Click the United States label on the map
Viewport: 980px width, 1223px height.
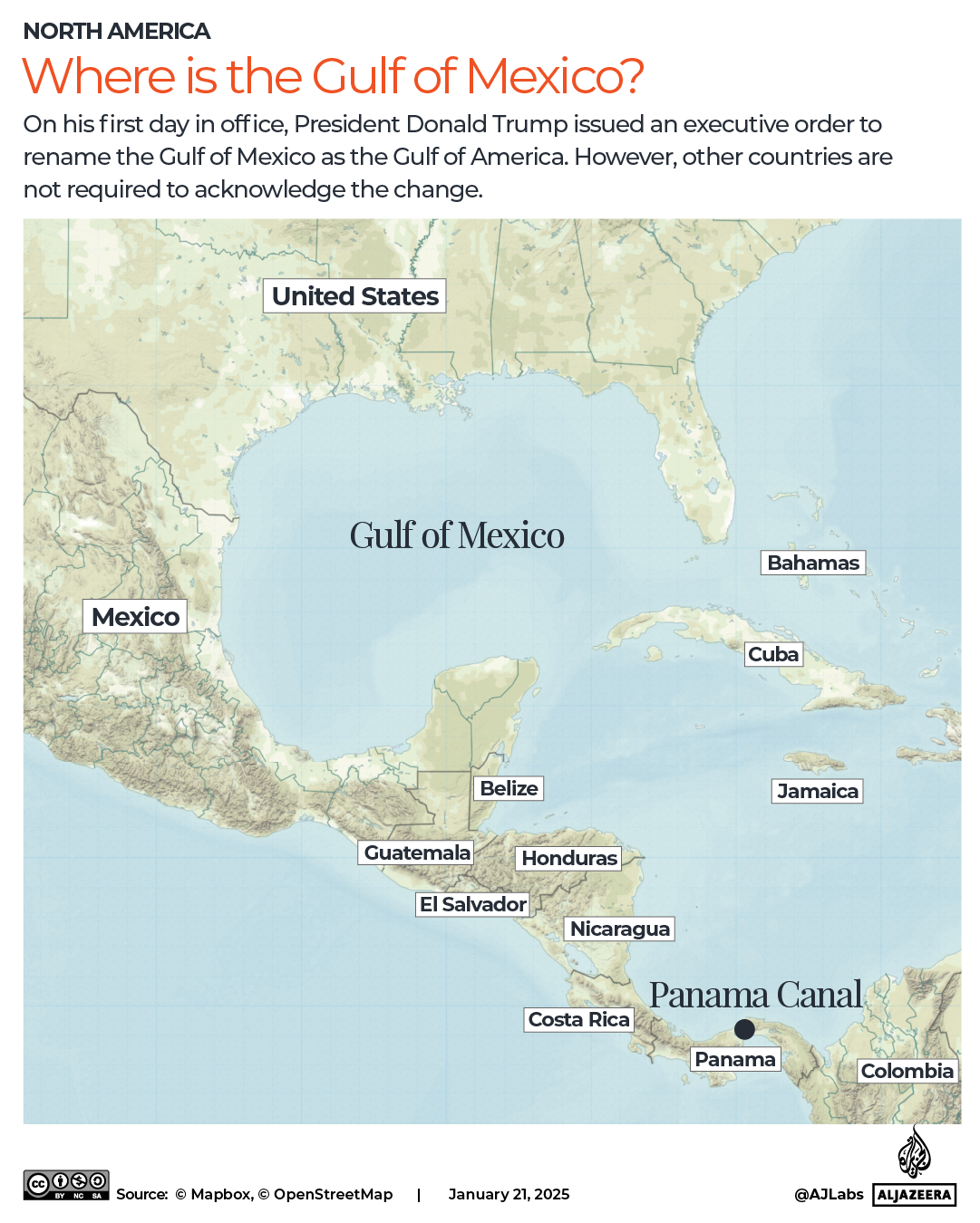(x=354, y=296)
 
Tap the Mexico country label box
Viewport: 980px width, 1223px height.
(x=135, y=617)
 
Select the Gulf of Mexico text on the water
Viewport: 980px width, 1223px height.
(x=457, y=535)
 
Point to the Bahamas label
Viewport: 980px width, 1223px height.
(x=812, y=563)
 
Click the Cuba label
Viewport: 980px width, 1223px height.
(x=773, y=654)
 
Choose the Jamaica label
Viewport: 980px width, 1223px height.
(x=817, y=791)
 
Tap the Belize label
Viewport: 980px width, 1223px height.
(x=509, y=788)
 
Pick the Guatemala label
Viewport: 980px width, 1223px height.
(x=417, y=852)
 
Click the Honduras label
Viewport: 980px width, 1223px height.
(x=569, y=858)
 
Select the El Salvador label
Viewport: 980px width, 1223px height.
(x=472, y=904)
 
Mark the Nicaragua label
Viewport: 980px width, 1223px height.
(x=620, y=929)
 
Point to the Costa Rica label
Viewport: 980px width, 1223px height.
(x=578, y=1019)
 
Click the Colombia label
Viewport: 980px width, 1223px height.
(x=907, y=1071)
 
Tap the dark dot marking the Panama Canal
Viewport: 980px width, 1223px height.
(x=744, y=1029)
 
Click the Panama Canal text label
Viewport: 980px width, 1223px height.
(x=755, y=995)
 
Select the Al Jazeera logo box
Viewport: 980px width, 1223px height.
(x=914, y=1194)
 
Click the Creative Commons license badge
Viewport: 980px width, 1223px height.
(x=66, y=1185)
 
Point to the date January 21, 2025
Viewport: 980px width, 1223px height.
(x=509, y=1194)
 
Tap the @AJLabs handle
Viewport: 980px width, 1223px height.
(x=829, y=1194)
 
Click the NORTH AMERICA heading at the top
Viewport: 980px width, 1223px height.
(x=117, y=32)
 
